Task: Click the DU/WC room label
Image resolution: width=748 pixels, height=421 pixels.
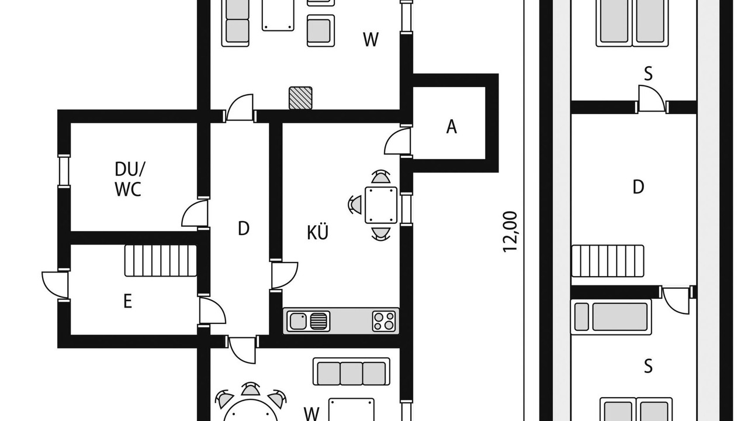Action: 130,179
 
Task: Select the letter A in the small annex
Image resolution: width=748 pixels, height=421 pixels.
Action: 452,127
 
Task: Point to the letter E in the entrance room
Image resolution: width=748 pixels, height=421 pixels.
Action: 127,301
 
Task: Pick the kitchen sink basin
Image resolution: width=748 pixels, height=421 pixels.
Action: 297,321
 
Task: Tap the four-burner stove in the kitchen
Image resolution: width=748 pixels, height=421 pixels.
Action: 384,321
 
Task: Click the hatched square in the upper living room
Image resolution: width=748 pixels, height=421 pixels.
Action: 300,98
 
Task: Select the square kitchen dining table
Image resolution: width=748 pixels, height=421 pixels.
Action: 381,205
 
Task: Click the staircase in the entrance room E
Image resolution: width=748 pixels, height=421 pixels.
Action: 161,261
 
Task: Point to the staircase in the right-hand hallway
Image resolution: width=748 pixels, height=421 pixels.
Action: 608,261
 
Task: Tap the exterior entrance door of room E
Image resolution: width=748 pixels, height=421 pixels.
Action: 55,285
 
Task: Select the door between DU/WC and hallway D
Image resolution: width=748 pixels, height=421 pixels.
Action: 195,214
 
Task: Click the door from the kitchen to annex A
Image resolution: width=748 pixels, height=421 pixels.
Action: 398,141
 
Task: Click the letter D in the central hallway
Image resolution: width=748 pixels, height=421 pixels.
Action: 244,229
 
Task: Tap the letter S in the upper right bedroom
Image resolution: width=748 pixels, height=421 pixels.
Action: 648,74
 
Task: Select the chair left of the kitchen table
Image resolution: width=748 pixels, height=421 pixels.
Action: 355,205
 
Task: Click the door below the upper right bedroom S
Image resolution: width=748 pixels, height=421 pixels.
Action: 652,99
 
